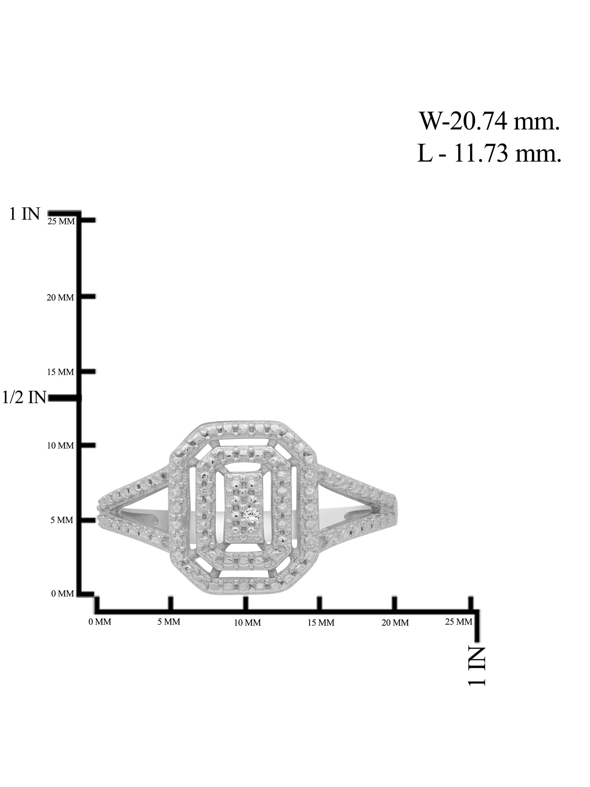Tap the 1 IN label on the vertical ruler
click(25, 214)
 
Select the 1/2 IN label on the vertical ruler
click(24, 397)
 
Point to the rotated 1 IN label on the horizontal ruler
click(477, 666)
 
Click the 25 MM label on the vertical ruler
click(61, 222)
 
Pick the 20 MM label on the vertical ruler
click(60, 297)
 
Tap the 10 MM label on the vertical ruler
click(61, 446)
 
